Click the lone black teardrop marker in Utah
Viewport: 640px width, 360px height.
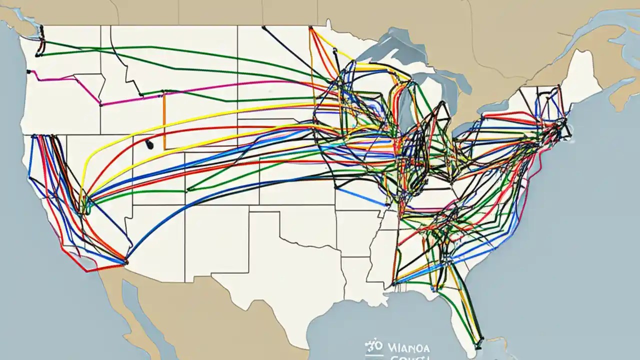click(x=149, y=144)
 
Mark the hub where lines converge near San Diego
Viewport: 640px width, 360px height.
click(x=125, y=261)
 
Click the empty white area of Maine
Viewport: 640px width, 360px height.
click(x=580, y=75)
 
